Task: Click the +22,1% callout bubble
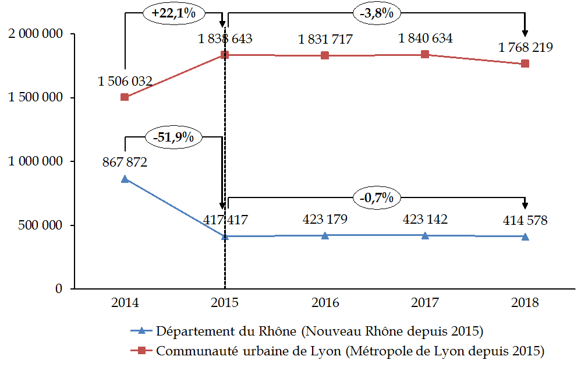coord(173,13)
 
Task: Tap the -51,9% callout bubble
coord(174,137)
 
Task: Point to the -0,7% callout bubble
coord(376,197)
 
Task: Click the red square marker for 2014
coord(125,97)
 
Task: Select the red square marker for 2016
coord(325,55)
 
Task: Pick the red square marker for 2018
coord(525,63)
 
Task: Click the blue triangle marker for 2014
coord(125,179)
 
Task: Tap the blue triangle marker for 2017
coord(425,235)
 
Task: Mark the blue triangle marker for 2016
coord(325,235)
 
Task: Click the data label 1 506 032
coord(125,82)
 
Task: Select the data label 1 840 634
coord(426,39)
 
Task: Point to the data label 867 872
coord(125,163)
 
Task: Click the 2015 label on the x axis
coord(225,304)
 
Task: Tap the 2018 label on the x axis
coord(525,304)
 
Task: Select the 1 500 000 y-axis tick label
coord(36,98)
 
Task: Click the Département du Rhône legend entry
coord(309,332)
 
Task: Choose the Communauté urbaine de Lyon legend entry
coord(338,351)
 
